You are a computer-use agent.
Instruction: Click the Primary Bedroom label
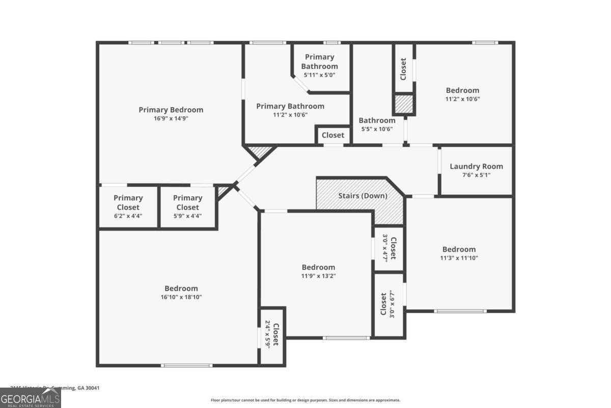(171, 110)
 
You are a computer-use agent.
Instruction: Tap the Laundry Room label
(476, 166)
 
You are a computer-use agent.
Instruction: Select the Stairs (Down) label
(363, 196)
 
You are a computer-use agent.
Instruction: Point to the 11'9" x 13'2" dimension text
(318, 276)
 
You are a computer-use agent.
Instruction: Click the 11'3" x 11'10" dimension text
(459, 258)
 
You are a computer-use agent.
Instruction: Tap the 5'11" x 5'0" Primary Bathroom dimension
(319, 75)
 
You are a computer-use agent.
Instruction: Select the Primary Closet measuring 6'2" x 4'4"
(128, 202)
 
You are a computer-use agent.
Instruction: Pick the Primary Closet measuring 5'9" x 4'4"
(187, 202)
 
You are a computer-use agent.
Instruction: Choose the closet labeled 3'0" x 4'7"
(389, 248)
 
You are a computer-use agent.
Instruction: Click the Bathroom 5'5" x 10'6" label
(377, 120)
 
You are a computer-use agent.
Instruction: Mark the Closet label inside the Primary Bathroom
(333, 135)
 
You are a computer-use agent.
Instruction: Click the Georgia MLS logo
(31, 398)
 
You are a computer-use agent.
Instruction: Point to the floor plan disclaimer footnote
(305, 400)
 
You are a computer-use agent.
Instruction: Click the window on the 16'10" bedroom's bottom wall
(186, 365)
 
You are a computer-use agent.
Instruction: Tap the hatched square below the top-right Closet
(403, 105)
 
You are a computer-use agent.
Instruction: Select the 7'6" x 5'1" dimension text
(476, 175)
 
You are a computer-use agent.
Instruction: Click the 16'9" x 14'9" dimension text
(171, 118)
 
